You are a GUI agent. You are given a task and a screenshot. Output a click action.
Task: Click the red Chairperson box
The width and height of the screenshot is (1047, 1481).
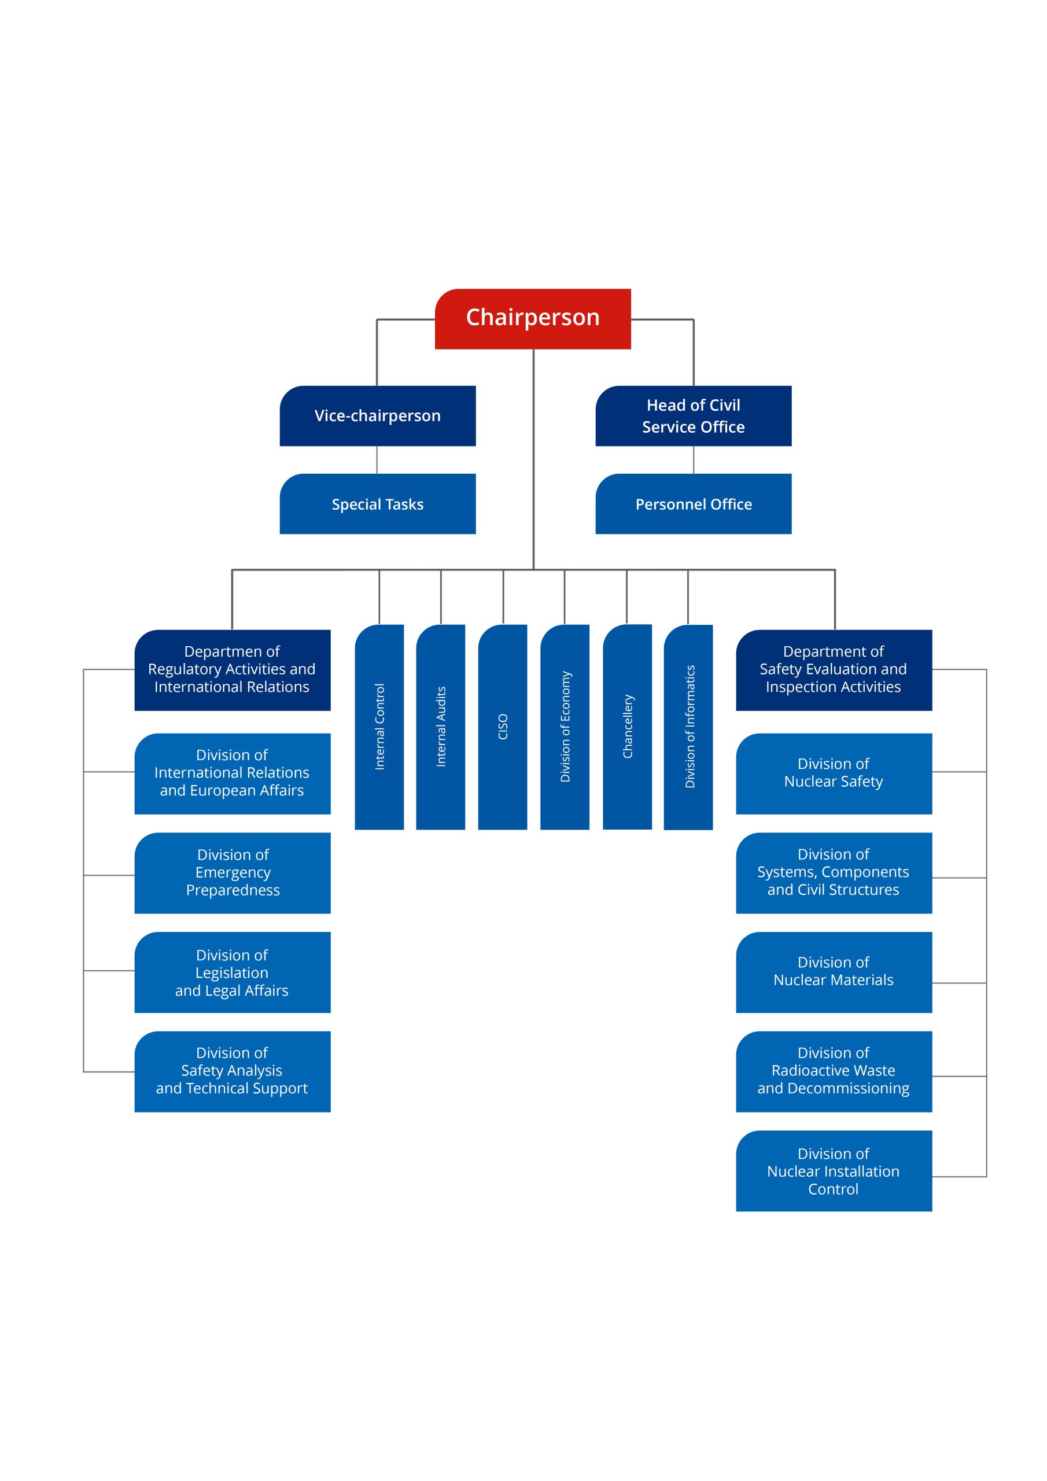click(532, 319)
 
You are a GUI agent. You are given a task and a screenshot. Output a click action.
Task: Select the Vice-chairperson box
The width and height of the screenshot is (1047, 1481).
click(377, 416)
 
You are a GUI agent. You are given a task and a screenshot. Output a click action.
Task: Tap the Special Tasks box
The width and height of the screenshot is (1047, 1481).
click(377, 504)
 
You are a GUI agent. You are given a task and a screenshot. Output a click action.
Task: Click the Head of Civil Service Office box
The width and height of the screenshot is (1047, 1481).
click(693, 416)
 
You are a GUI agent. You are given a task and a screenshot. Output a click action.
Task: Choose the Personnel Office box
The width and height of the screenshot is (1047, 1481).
click(693, 504)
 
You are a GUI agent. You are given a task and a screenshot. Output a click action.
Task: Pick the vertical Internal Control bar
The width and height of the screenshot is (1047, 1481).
click(379, 727)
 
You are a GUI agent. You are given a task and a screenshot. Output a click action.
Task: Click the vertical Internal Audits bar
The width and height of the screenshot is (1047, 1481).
click(441, 727)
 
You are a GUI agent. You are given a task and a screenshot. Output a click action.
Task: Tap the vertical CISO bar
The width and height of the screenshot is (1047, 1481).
click(503, 727)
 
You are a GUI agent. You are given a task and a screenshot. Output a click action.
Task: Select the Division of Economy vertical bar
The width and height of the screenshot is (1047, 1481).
click(565, 727)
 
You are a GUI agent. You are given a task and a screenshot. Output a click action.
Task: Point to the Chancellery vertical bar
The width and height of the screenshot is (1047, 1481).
click(627, 727)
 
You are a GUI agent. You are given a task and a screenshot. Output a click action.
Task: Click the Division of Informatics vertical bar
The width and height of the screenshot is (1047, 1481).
click(688, 727)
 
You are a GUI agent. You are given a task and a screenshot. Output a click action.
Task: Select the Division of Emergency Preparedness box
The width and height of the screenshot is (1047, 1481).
click(232, 873)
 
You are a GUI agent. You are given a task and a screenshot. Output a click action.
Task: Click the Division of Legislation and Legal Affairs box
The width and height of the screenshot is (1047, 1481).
click(232, 972)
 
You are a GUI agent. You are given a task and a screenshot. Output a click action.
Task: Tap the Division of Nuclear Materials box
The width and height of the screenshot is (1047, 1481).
click(834, 972)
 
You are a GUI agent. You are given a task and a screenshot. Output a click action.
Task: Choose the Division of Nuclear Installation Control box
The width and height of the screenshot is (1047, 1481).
click(834, 1171)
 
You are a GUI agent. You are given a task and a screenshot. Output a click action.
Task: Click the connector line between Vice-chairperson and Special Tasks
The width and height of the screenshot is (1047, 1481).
click(377, 460)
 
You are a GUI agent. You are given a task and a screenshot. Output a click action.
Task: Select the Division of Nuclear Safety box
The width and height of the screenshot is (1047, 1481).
click(834, 773)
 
